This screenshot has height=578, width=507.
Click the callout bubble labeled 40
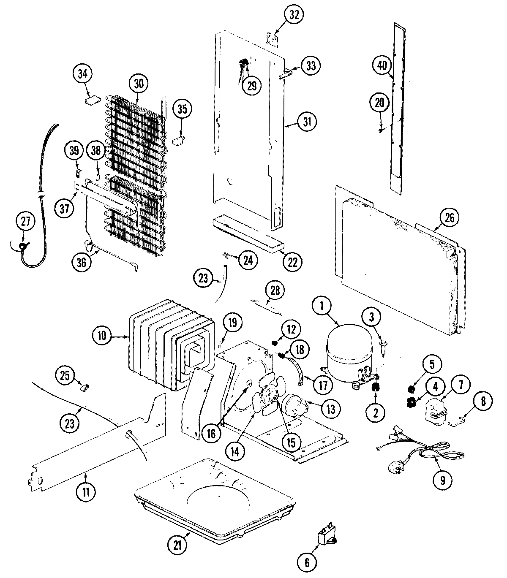click(x=382, y=65)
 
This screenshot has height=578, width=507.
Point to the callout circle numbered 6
click(x=307, y=562)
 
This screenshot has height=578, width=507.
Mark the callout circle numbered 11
click(x=86, y=492)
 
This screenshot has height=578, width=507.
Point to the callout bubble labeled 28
click(x=275, y=291)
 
